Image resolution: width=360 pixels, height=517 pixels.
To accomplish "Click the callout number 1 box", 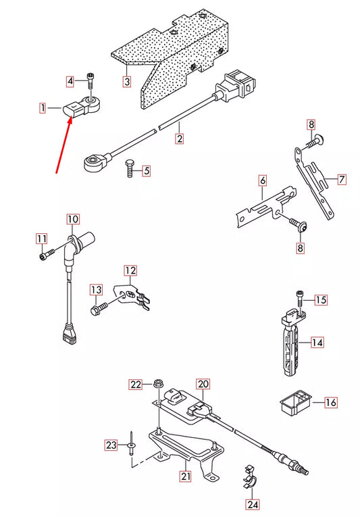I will coord(43,107).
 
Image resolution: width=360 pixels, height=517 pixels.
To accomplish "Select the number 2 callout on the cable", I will coord(180,139).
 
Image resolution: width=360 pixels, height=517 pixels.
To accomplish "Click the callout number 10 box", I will coord(72,219).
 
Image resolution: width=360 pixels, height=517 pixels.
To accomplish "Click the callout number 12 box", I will coord(130,270).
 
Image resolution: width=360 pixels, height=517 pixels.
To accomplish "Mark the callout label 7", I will coord(342,180).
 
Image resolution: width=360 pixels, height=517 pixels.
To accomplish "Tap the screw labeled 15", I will coord(299,298).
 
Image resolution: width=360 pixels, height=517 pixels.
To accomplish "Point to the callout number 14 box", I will coord(317,343).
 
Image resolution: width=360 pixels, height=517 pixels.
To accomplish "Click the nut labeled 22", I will coord(157,382).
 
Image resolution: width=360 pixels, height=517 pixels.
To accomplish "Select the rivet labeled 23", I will coord(132,446).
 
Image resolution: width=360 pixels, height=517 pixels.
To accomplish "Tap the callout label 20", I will coord(203,383).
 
